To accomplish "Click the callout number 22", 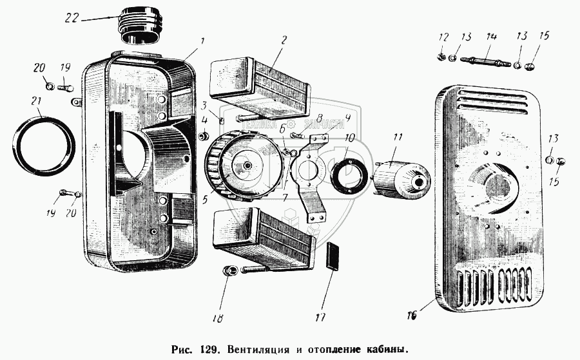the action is (72, 18).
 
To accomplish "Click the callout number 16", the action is (411, 316).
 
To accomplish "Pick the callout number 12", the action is (442, 36).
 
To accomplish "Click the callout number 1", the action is (202, 41).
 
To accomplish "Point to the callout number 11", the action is (398, 137).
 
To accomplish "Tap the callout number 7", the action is (284, 195).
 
